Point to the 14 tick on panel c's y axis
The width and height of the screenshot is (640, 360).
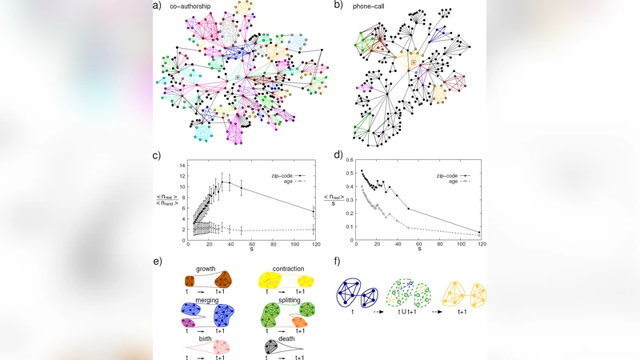point(183,165)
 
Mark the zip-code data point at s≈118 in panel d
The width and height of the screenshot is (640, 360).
point(479,232)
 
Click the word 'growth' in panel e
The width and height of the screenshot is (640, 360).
point(206,268)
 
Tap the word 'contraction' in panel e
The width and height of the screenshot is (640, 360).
point(288,268)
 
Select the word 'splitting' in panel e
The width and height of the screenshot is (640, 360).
point(288,299)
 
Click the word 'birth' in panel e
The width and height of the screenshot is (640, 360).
point(206,337)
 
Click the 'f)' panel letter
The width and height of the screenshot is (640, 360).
point(336,261)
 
